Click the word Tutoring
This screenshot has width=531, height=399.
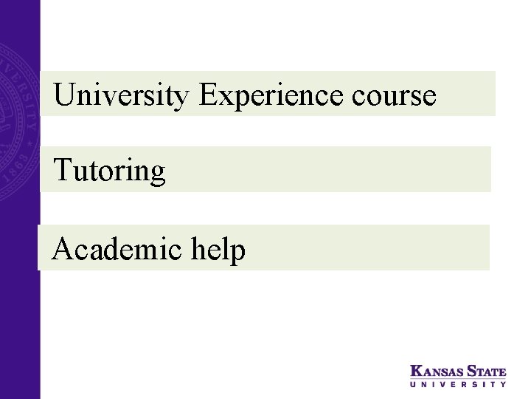110,172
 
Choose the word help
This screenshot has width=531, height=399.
221,250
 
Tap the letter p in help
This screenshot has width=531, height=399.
237,253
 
